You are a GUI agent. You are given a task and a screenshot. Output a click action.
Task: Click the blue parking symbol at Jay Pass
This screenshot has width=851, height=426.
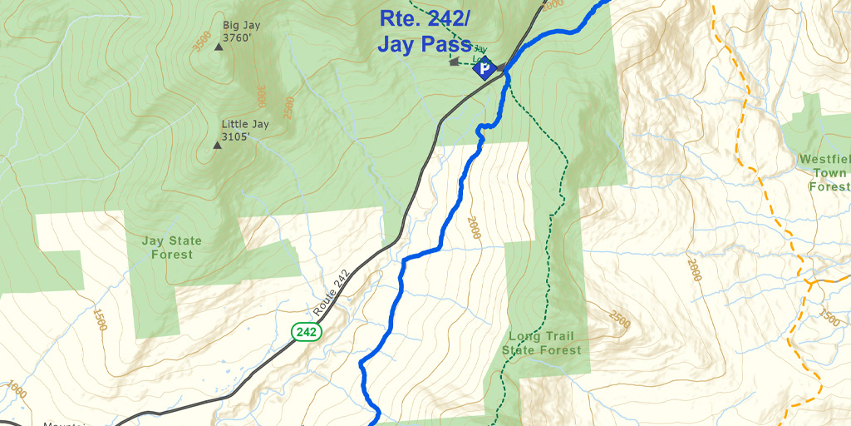484,68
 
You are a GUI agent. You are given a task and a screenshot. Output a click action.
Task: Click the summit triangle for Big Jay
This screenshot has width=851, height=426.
219,47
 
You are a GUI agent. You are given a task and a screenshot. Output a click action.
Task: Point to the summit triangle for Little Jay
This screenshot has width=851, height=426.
218,145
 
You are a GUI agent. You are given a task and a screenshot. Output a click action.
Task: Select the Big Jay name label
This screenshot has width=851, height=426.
241,25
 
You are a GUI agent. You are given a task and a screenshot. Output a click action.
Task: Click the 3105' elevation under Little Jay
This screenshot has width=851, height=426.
235,137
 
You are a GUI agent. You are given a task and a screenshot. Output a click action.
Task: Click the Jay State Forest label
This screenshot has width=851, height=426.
171,247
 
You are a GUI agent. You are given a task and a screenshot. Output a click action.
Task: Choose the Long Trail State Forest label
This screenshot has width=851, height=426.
541,344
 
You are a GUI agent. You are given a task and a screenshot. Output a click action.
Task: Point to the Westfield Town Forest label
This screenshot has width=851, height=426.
824,172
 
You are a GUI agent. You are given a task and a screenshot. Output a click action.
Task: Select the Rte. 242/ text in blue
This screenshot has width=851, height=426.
425,17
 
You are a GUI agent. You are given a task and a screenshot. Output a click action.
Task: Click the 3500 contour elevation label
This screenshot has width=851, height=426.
200,42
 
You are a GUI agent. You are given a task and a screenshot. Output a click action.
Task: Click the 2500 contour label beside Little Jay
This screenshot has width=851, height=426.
288,107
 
